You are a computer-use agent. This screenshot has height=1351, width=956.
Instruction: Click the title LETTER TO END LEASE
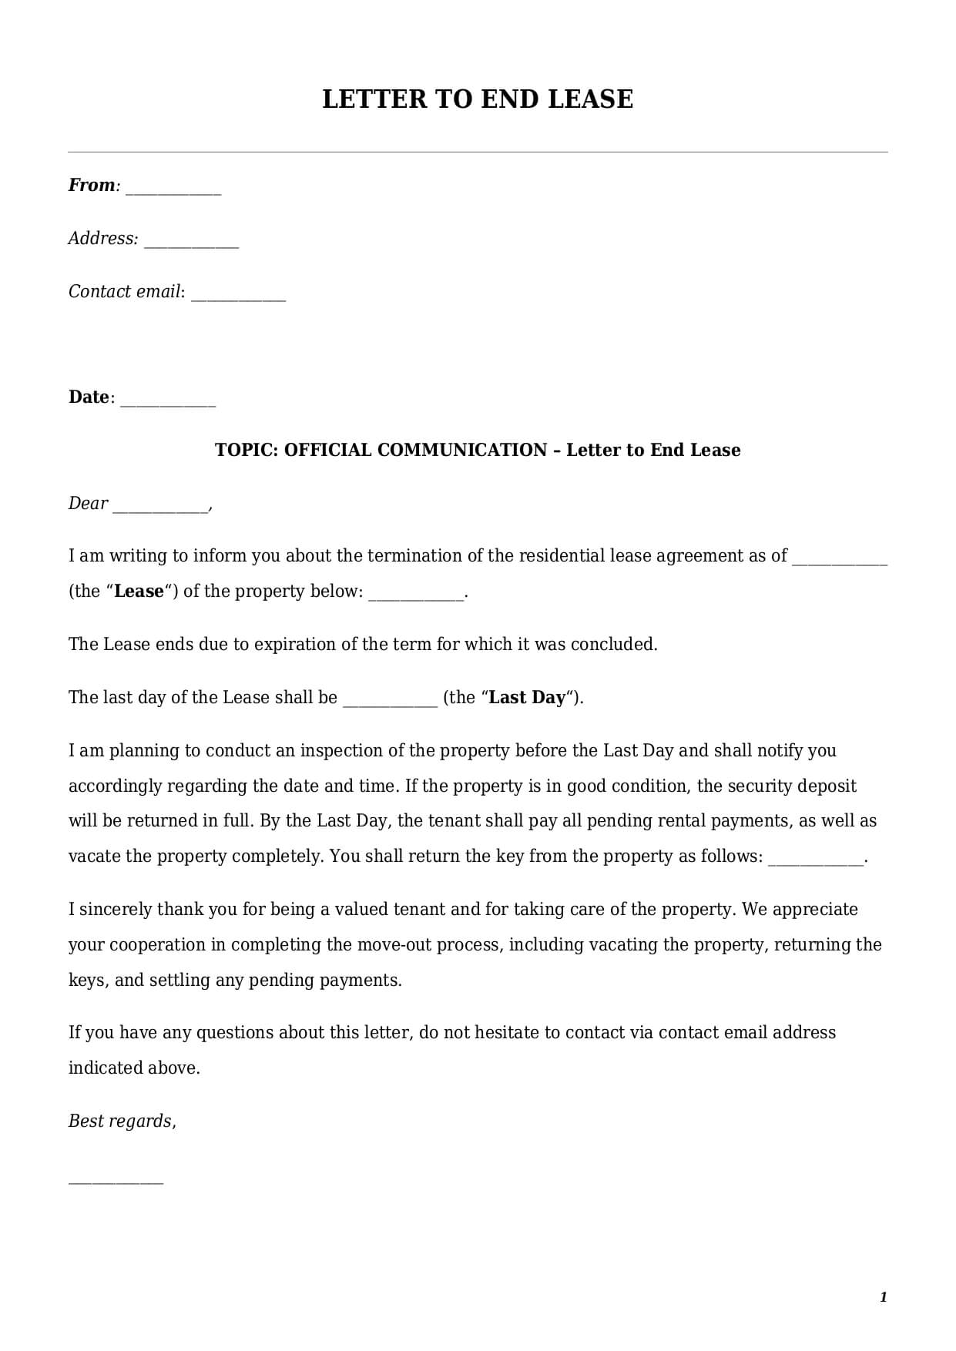tap(478, 99)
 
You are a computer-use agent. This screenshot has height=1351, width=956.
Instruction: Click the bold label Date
tap(89, 397)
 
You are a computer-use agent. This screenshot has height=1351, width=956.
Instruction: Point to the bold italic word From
tap(91, 186)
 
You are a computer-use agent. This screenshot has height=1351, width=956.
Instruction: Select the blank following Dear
tap(160, 509)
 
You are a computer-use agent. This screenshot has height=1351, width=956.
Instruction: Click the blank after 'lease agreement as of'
tap(840, 562)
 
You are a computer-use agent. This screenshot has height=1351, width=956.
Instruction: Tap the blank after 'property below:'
tap(416, 598)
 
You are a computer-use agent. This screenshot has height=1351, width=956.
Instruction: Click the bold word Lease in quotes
tap(139, 592)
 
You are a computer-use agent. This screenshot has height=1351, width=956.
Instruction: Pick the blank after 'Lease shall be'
tap(390, 703)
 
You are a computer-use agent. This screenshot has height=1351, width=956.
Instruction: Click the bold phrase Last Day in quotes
tap(527, 698)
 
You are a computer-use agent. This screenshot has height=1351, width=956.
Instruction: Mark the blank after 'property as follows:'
tap(816, 863)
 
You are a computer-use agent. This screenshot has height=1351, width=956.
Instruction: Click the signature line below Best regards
tap(116, 1182)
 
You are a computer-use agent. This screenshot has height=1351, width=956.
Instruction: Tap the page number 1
tap(884, 1298)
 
